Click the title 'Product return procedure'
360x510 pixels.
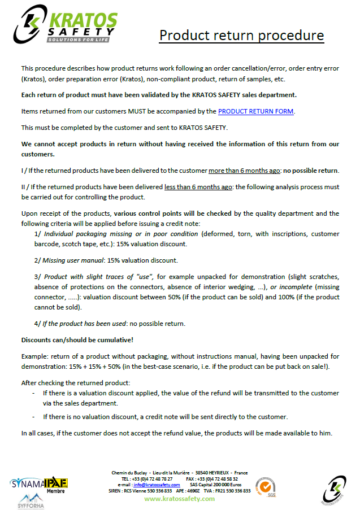tap(241, 35)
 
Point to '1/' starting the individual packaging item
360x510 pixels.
tap(38, 233)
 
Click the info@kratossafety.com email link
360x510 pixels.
tap(157, 485)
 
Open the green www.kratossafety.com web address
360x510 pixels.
tap(179, 499)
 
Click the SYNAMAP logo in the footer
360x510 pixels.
tap(27, 483)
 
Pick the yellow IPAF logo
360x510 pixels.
tap(56, 482)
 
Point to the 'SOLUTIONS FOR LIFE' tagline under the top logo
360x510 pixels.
tap(75, 40)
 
